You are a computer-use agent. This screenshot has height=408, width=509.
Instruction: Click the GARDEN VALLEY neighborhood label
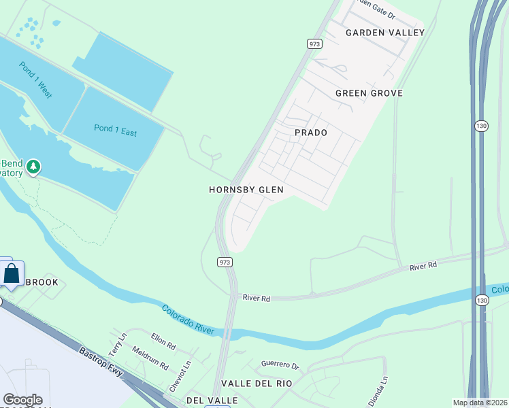coord(384,33)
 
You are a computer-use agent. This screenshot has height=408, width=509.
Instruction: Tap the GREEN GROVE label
coord(369,93)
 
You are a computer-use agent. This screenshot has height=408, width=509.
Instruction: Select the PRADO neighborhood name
coord(310,133)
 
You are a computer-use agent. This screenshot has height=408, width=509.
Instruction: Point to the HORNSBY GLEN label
coord(246,190)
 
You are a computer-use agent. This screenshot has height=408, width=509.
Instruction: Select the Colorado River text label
coord(188,320)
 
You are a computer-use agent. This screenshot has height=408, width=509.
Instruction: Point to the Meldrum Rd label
coord(150,359)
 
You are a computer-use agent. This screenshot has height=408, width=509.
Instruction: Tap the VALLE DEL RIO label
coord(261,384)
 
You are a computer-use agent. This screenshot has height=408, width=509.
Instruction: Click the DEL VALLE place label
coord(212,401)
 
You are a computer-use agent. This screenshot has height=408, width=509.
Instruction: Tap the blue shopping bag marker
coord(12,275)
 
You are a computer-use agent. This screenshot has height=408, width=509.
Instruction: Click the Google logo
coord(22,400)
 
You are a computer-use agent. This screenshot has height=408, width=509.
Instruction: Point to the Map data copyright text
coord(480,403)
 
